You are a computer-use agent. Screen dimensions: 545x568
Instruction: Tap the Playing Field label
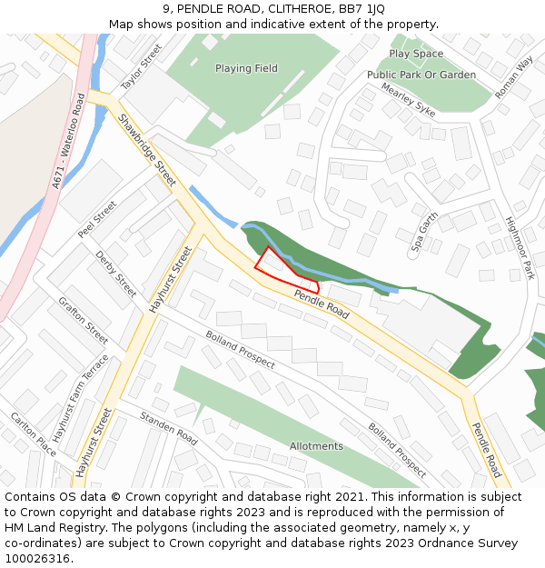[246, 68]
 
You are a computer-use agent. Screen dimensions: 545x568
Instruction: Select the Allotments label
[316, 446]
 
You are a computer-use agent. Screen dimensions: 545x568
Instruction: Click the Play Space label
[416, 55]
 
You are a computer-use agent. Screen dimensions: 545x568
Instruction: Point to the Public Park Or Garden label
[421, 75]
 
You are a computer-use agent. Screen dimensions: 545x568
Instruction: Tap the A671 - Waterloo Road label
[68, 142]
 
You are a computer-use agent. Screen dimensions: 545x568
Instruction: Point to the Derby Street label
[116, 274]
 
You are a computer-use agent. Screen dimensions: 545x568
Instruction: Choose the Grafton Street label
[83, 321]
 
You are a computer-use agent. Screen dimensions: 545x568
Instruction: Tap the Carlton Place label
[33, 433]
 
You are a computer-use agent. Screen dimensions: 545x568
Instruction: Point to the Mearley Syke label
[408, 100]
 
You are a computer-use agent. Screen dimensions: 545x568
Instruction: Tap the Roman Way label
[514, 77]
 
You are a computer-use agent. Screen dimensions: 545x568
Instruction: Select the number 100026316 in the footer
[37, 559]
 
